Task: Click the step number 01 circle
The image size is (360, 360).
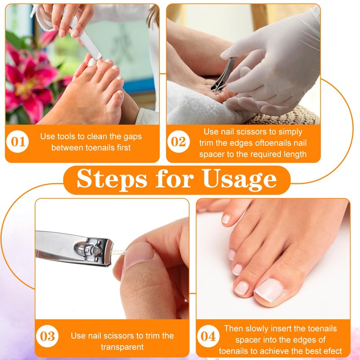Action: [18, 141]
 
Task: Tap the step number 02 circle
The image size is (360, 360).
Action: [179, 141]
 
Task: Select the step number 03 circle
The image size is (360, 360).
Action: [47, 336]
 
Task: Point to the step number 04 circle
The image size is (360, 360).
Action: [208, 336]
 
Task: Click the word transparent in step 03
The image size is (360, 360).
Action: [122, 347]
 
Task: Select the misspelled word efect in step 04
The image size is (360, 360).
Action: [333, 351]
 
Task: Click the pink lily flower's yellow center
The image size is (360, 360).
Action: [27, 87]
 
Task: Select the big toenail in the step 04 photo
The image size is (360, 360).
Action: [269, 290]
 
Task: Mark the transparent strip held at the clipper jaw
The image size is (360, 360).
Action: [118, 252]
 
